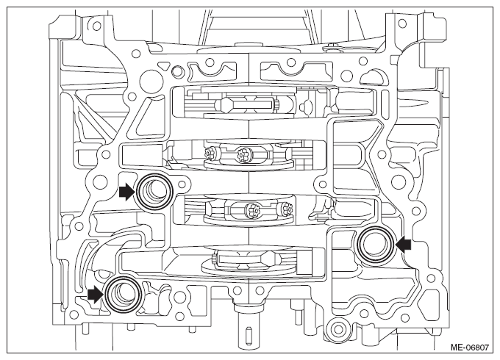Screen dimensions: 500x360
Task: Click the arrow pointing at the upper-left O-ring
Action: pos(127,192)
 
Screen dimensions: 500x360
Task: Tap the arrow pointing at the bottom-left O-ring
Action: pos(96,294)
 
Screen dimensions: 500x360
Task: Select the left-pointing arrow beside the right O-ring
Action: pos(403,245)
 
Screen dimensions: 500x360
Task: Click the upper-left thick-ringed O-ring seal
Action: pos(154,192)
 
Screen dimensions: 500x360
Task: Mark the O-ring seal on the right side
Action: pos(375,245)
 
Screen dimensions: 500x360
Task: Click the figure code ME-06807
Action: pos(469,347)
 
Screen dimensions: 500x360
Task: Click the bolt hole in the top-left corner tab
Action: pos(95,25)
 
